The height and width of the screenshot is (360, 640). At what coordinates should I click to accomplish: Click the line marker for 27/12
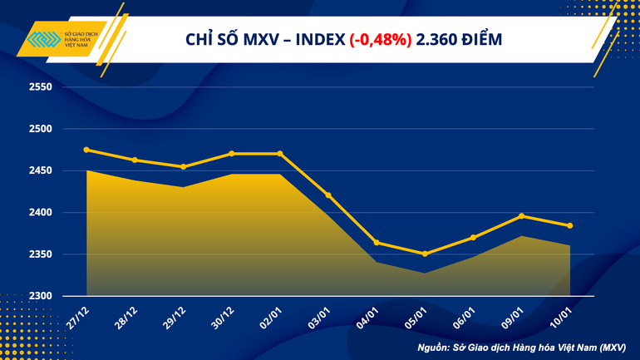pos(86,150)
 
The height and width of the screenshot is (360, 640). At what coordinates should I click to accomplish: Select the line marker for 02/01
pos(280,154)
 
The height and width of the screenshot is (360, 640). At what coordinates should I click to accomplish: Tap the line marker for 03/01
pos(328,195)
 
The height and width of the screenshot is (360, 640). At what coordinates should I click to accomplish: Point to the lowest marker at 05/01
pos(425,254)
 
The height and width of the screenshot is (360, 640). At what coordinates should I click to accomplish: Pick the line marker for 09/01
pos(521,216)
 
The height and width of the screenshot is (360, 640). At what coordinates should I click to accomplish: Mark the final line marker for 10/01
pos(569,225)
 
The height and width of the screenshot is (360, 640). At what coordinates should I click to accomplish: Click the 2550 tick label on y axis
pos(40,87)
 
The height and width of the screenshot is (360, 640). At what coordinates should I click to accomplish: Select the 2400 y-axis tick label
pos(40,213)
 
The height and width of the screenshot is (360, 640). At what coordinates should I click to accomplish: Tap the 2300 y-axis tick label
pos(40,296)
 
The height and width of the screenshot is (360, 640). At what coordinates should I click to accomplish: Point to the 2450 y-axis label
pos(40,171)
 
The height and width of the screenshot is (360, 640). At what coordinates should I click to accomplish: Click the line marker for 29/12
pos(183,166)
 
